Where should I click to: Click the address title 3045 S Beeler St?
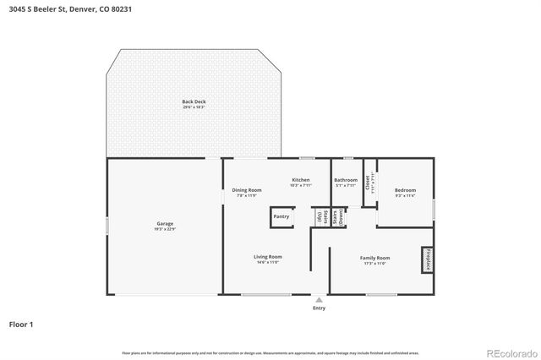70,9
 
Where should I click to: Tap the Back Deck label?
194,102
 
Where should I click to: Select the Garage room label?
164,224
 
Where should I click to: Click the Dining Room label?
247,190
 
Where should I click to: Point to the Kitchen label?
301,180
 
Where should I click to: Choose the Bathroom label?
345,180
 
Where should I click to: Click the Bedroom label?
405,190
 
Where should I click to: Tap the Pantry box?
282,217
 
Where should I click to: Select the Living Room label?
268,257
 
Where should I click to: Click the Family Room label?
376,258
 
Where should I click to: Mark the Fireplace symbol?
427,259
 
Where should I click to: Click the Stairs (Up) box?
320,217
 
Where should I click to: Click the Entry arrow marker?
319,299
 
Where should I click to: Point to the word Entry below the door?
319,308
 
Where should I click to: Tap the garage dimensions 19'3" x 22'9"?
164,229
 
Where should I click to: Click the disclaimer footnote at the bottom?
270,352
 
